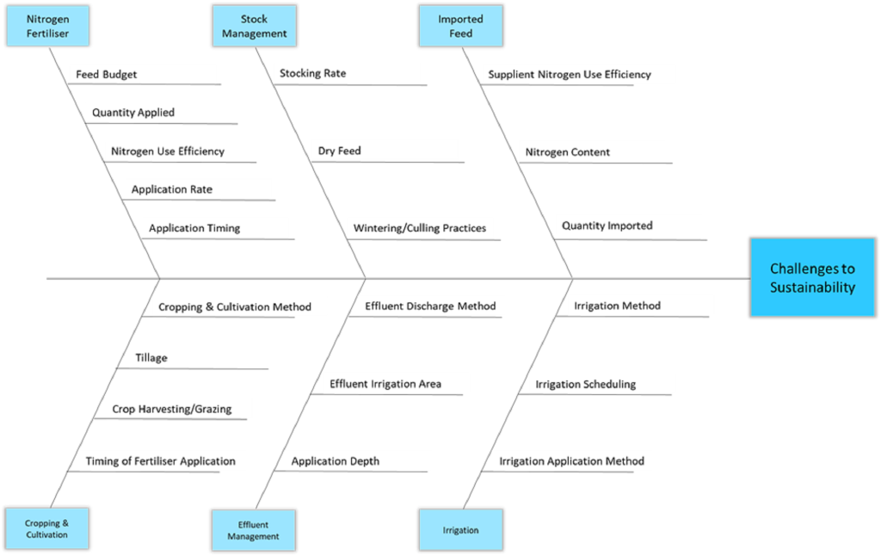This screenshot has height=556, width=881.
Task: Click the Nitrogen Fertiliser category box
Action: (x=48, y=26)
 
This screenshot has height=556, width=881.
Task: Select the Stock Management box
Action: (x=255, y=26)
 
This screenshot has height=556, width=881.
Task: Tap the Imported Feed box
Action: (x=461, y=26)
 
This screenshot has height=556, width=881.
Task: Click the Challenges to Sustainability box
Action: (x=812, y=278)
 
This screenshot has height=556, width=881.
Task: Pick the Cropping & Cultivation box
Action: (x=47, y=528)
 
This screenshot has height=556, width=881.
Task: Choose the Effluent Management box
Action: (x=254, y=530)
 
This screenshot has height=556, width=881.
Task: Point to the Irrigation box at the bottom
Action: (x=461, y=529)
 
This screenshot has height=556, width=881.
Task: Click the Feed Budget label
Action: (x=106, y=74)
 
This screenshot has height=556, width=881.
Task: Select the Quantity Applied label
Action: (x=133, y=113)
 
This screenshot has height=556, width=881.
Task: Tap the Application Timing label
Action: (x=194, y=228)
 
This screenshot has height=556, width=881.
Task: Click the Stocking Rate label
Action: (x=313, y=73)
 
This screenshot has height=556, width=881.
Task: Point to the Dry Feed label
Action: (x=339, y=151)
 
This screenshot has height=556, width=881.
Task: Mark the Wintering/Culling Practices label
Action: (x=420, y=228)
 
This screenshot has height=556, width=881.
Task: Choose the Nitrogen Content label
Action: (x=568, y=151)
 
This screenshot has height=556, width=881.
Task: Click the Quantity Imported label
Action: (x=607, y=225)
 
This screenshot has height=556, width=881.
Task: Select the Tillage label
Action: (x=151, y=357)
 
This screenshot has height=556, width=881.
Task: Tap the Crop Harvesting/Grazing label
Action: (x=172, y=409)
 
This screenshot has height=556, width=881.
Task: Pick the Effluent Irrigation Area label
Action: (x=385, y=384)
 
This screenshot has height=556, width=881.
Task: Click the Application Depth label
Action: (x=336, y=461)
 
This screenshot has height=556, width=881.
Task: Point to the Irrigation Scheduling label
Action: (x=585, y=384)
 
